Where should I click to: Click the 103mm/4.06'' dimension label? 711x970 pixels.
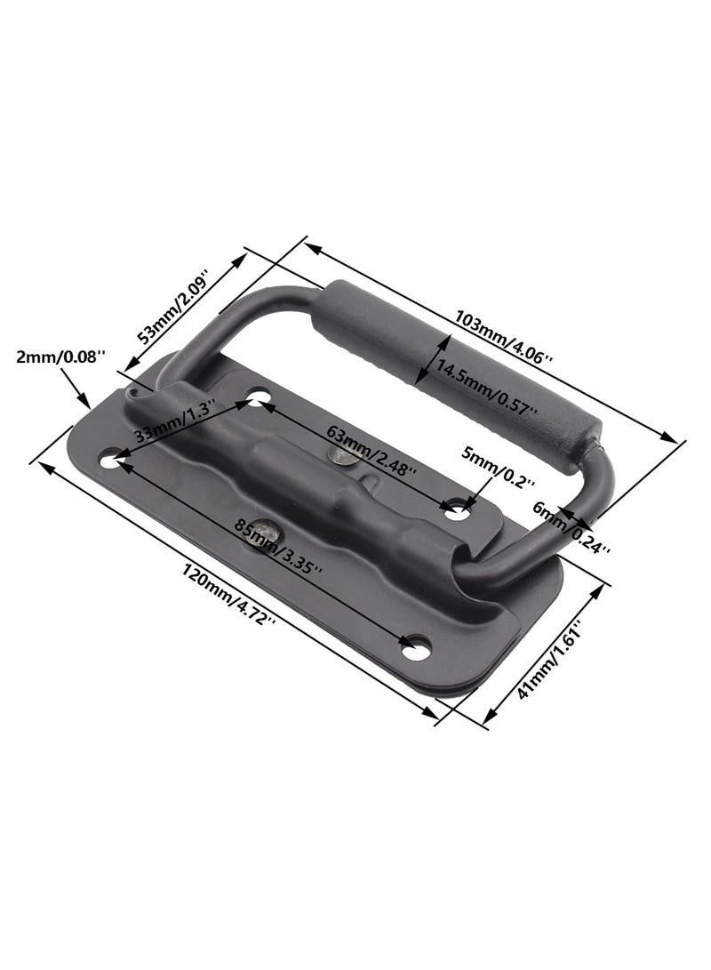click(504, 334)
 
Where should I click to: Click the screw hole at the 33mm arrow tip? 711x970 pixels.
click(257, 402)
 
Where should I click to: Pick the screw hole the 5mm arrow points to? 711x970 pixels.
click(456, 510)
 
